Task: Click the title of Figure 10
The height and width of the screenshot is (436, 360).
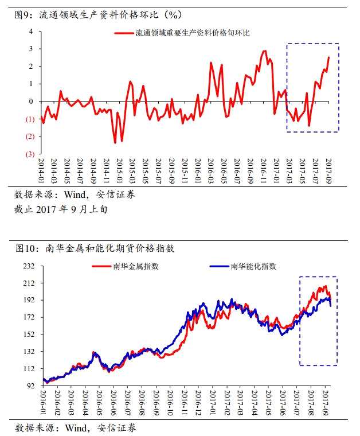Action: (x=94, y=248)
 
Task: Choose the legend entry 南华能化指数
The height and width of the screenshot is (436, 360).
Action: (x=253, y=267)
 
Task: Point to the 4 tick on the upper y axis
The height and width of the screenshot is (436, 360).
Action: (x=31, y=31)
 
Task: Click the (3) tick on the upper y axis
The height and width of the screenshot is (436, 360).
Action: (x=29, y=154)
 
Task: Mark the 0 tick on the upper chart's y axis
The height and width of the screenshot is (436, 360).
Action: (x=31, y=102)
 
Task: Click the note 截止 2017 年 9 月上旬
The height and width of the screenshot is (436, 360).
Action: (x=60, y=209)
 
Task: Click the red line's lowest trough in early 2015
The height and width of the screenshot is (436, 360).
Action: (x=115, y=142)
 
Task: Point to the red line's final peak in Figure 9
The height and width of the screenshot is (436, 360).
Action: (x=328, y=57)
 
